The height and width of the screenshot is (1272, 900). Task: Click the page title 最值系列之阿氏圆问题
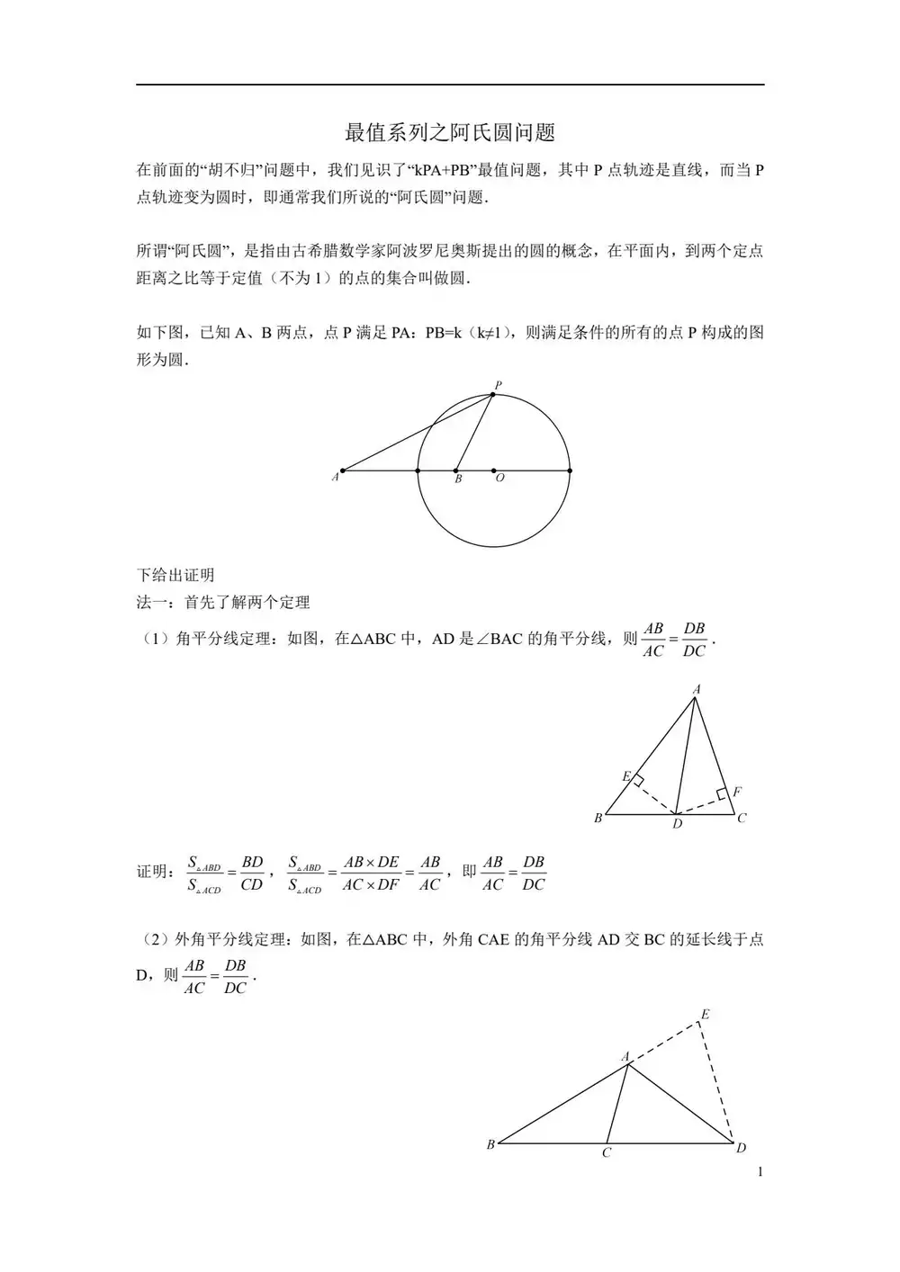[x=450, y=132]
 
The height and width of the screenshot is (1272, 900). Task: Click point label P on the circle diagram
[x=498, y=386]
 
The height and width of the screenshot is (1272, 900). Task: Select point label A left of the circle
[x=335, y=477]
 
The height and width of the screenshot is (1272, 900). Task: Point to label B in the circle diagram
[x=458, y=480]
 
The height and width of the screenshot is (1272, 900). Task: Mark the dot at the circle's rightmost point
[x=570, y=470]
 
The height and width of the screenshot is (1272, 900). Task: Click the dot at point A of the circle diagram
[x=343, y=470]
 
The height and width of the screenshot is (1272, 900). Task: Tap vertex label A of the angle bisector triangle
[x=697, y=690]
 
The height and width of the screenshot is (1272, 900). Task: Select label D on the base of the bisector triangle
[x=677, y=824]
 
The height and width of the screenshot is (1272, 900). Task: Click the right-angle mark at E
[x=637, y=781]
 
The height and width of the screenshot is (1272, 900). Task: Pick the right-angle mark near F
[x=722, y=794]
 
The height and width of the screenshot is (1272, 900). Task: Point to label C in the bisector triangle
[x=742, y=819]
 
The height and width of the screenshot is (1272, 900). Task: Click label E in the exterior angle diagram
[x=706, y=1015]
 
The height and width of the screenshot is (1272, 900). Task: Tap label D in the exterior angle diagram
[x=741, y=1148]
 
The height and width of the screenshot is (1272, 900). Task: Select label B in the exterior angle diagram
[x=490, y=1145]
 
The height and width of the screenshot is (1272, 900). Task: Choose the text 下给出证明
[x=175, y=575]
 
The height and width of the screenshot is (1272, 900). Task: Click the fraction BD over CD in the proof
[x=252, y=873]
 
